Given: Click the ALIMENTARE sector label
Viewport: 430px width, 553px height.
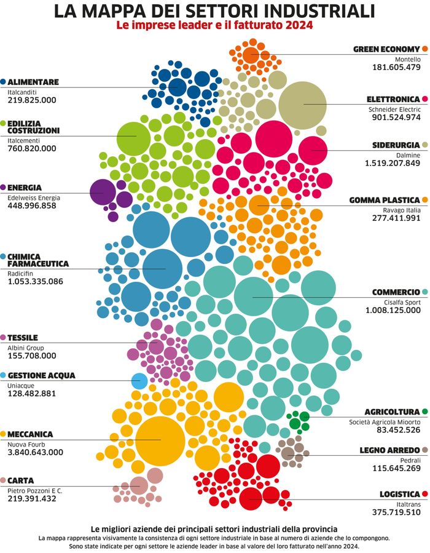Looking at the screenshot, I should coord(34,82).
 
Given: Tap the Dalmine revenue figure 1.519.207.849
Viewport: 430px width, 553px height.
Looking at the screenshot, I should coord(392,163).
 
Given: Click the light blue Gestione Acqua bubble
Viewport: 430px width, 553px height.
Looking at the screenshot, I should coord(139,381).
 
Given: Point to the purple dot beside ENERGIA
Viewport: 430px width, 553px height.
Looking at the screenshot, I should coord(4,187).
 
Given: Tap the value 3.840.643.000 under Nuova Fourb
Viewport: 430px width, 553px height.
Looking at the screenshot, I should coord(35,452).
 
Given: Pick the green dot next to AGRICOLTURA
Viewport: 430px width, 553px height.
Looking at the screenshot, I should coord(424,412).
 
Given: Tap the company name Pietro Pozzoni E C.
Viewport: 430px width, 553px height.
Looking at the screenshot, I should coord(35,490).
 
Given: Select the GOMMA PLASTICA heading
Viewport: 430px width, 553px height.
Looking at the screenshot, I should coord(384,200).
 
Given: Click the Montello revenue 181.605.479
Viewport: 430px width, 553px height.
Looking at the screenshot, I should coord(396,66).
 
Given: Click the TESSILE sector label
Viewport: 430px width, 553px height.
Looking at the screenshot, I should coord(23,338).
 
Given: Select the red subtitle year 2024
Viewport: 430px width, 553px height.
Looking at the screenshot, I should coord(299,26).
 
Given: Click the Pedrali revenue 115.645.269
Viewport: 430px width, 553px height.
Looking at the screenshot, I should coord(396,468).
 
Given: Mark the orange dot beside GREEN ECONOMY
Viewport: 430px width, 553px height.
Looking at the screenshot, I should coord(424,49).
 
